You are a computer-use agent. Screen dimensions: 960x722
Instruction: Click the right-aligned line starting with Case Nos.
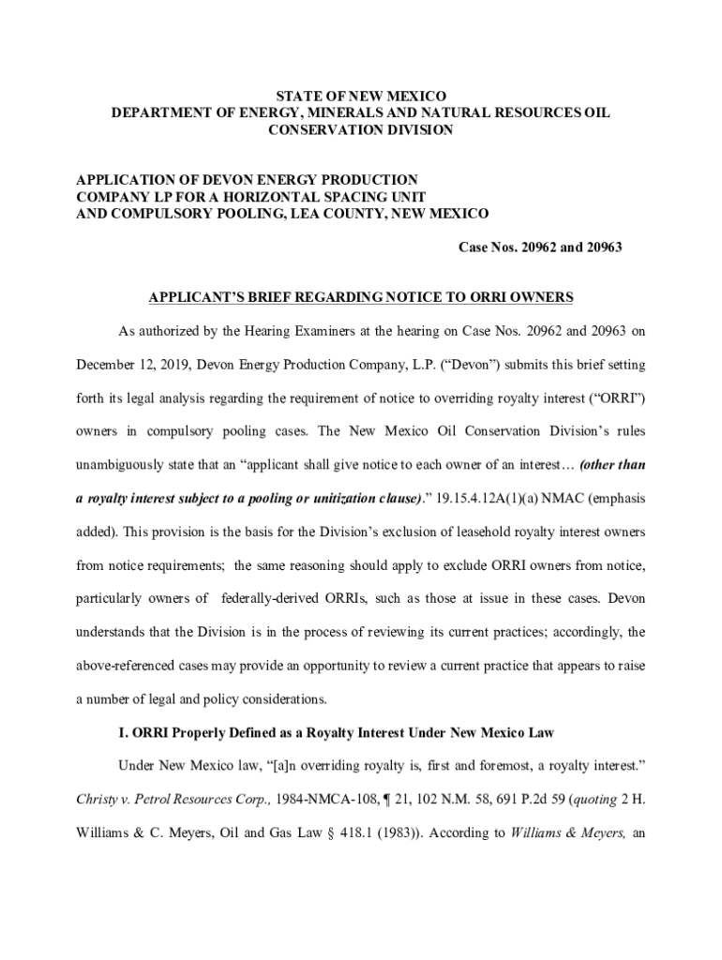click(540, 247)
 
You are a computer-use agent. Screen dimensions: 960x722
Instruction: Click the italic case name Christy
click(94, 799)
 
